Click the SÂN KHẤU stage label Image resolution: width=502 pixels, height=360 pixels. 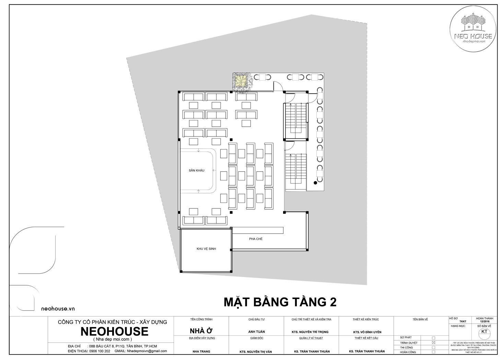196,170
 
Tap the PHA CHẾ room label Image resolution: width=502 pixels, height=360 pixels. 256,239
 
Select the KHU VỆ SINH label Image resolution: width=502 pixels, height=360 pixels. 206,249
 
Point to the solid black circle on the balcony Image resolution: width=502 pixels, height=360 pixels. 315,183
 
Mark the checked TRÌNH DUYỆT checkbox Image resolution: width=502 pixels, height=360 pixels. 433,343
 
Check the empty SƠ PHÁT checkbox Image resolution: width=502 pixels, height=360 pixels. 433,338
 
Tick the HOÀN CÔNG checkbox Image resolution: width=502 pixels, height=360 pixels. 433,352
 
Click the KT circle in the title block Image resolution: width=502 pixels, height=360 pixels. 484,332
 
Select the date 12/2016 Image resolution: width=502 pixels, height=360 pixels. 484,321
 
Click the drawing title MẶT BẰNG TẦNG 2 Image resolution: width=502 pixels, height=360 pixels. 280,302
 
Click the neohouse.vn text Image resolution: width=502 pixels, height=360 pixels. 58,309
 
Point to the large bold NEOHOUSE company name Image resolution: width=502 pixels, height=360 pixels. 114,331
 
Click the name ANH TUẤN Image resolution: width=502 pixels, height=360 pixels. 256,332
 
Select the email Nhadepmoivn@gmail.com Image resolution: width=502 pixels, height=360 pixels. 147,351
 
